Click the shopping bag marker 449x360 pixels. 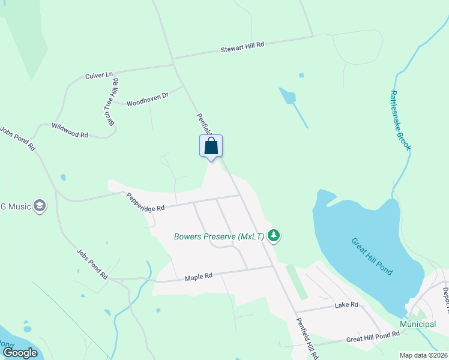211,146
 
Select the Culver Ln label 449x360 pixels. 99,75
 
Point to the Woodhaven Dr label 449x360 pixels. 147,98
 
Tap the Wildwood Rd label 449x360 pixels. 70,131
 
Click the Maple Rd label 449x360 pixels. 199,277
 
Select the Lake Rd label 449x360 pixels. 346,305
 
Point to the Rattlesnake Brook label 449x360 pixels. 400,120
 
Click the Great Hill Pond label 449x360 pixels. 372,256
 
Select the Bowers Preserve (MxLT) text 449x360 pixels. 219,236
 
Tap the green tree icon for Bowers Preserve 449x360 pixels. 274,235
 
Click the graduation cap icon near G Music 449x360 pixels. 40,206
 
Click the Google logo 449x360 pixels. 20,352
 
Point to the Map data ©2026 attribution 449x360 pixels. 423,355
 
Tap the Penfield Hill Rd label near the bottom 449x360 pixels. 306,338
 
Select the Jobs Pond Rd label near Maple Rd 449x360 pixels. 92,265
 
